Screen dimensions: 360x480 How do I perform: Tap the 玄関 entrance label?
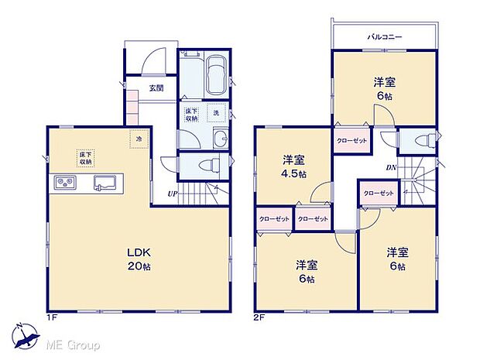point(156,87)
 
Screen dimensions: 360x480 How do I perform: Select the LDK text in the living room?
point(139,252)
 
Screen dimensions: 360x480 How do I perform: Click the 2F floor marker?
point(259,317)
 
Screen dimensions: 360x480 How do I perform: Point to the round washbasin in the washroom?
point(221,139)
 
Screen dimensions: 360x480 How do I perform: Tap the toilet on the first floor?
point(202,165)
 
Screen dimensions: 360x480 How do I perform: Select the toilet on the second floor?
point(420,142)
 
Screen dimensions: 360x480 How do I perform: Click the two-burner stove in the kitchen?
point(65,183)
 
